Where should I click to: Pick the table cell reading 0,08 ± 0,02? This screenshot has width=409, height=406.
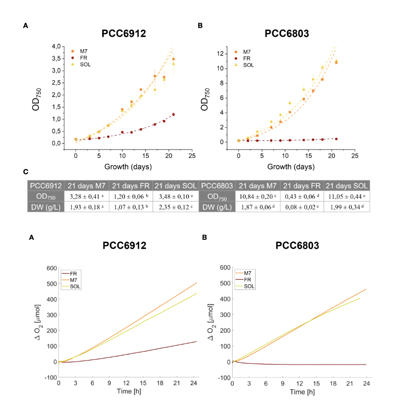302,207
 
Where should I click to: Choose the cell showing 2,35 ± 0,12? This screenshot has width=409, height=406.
175,207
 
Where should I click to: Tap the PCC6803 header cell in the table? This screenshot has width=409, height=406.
217,186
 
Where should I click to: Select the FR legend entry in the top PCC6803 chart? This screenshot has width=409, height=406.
247,58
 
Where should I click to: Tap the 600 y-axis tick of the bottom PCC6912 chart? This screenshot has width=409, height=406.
50,268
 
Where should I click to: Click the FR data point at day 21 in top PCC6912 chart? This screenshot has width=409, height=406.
173,114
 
